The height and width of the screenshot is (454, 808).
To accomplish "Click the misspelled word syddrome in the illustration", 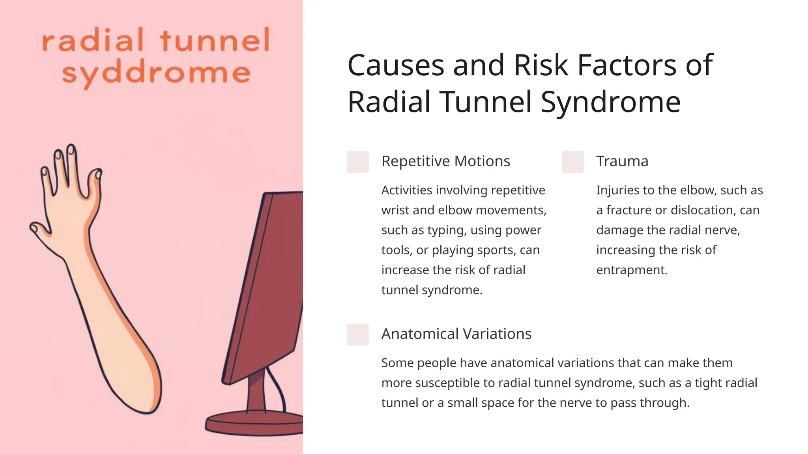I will [x=156, y=74].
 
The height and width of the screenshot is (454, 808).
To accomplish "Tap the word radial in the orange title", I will [x=93, y=41].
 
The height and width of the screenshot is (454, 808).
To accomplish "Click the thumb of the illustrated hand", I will [x=39, y=230].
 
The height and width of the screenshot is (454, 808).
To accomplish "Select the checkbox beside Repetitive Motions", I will [x=357, y=162].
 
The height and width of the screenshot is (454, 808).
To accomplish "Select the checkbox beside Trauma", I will [x=572, y=162].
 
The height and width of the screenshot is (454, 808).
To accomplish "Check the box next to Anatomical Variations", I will [x=357, y=334].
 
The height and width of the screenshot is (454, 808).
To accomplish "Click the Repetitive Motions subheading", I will [x=445, y=161].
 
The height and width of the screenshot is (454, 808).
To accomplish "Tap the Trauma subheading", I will [x=622, y=161].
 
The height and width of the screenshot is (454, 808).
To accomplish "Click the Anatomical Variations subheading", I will [x=456, y=334].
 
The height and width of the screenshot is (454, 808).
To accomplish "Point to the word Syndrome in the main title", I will [x=610, y=102].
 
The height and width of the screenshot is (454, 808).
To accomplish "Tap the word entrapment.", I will [x=632, y=270].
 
